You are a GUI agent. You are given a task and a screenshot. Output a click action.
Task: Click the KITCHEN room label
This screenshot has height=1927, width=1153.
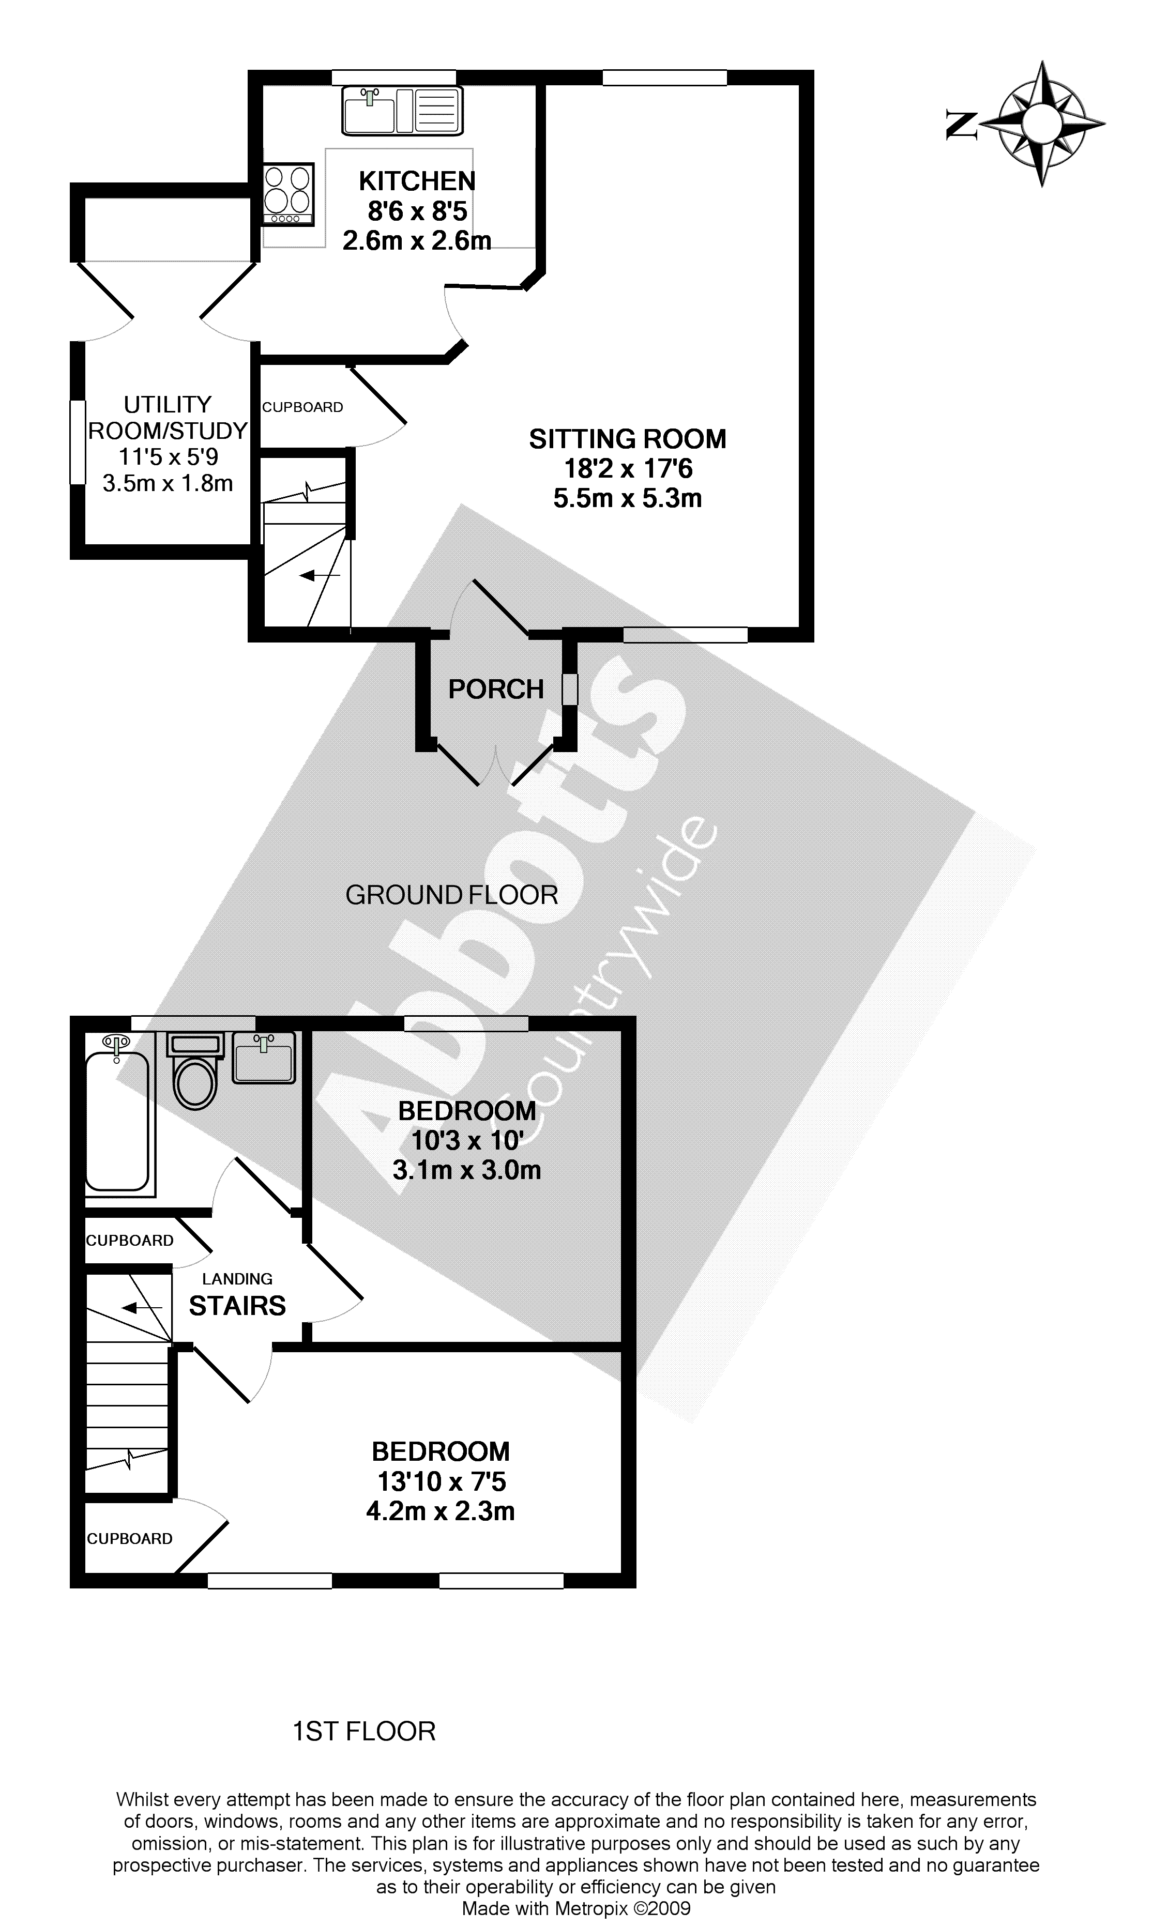tap(417, 181)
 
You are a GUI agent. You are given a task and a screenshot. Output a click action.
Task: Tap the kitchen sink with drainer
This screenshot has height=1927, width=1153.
tap(402, 110)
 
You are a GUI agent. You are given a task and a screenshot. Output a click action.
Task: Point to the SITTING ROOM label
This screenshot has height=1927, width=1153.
tap(628, 439)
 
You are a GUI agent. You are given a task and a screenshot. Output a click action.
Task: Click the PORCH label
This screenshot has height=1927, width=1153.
tap(496, 689)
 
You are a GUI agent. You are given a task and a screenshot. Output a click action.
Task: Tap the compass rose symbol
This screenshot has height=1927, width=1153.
tap(1041, 124)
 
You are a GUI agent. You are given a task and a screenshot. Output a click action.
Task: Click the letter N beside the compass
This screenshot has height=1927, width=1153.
tap(961, 124)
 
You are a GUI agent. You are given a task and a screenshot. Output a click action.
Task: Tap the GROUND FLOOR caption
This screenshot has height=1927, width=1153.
tap(451, 895)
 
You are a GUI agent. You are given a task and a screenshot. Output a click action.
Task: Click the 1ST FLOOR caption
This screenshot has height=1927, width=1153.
tap(363, 1731)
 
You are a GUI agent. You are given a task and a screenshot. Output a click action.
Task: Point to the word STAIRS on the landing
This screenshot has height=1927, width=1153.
tap(237, 1306)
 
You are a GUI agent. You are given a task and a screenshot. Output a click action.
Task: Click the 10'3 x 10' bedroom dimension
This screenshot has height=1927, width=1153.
tap(466, 1140)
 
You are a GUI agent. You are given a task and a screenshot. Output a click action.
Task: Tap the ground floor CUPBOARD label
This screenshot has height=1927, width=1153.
tap(302, 407)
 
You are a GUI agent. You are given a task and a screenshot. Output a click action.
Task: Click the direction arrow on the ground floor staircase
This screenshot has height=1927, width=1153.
tap(320, 575)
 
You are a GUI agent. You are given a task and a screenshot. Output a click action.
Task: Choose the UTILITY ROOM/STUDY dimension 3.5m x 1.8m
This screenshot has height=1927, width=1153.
tap(168, 483)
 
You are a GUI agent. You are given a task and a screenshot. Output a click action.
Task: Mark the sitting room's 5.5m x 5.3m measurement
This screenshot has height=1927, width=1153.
tap(628, 498)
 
